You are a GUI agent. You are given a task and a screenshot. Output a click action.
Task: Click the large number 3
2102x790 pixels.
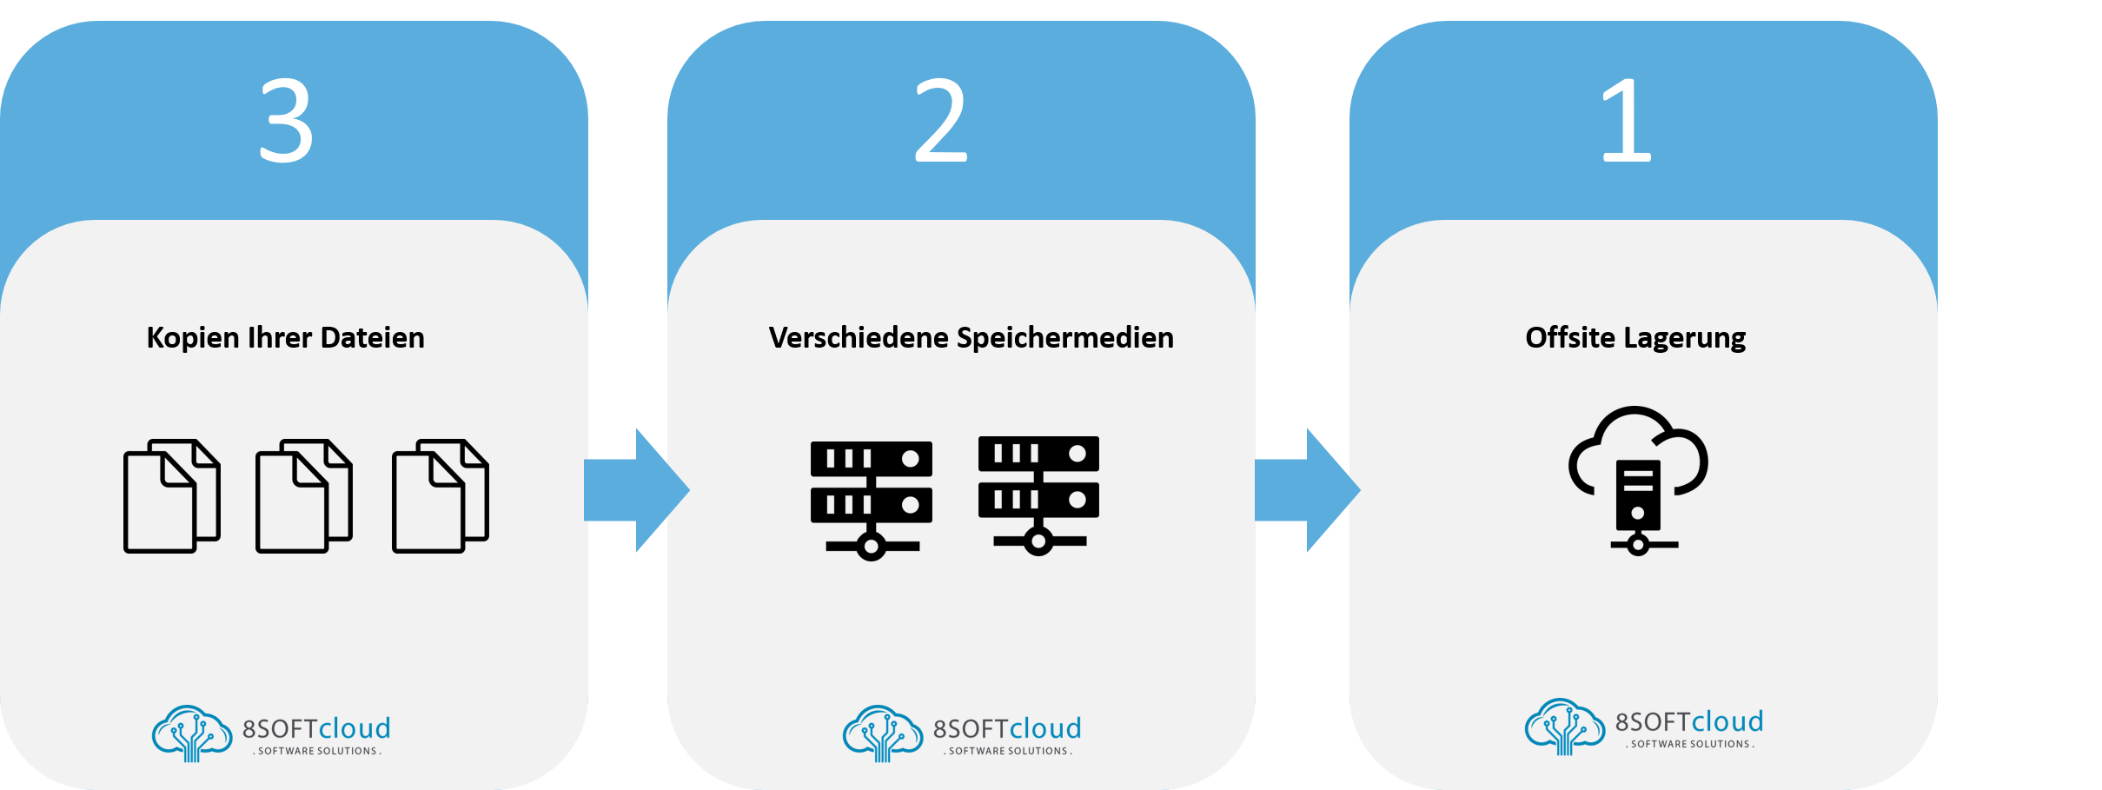click(x=286, y=120)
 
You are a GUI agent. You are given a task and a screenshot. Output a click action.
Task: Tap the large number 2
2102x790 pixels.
click(x=940, y=120)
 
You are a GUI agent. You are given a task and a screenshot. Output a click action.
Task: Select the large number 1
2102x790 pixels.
click(x=1627, y=120)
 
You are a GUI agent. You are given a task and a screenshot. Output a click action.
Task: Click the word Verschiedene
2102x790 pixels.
click(x=859, y=338)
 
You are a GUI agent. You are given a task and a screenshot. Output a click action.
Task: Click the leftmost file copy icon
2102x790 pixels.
click(x=171, y=495)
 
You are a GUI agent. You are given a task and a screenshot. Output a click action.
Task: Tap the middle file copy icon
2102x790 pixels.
click(x=303, y=495)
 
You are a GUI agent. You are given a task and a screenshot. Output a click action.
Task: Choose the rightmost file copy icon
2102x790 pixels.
click(x=440, y=495)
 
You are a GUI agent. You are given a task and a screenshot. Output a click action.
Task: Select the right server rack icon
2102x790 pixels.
click(x=1038, y=495)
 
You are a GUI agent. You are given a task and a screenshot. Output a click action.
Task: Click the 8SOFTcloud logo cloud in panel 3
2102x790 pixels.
click(x=192, y=733)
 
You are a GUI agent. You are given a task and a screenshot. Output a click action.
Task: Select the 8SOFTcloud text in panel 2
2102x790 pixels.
click(x=1007, y=728)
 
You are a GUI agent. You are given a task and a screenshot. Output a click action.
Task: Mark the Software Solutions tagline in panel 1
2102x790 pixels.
click(x=1690, y=744)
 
